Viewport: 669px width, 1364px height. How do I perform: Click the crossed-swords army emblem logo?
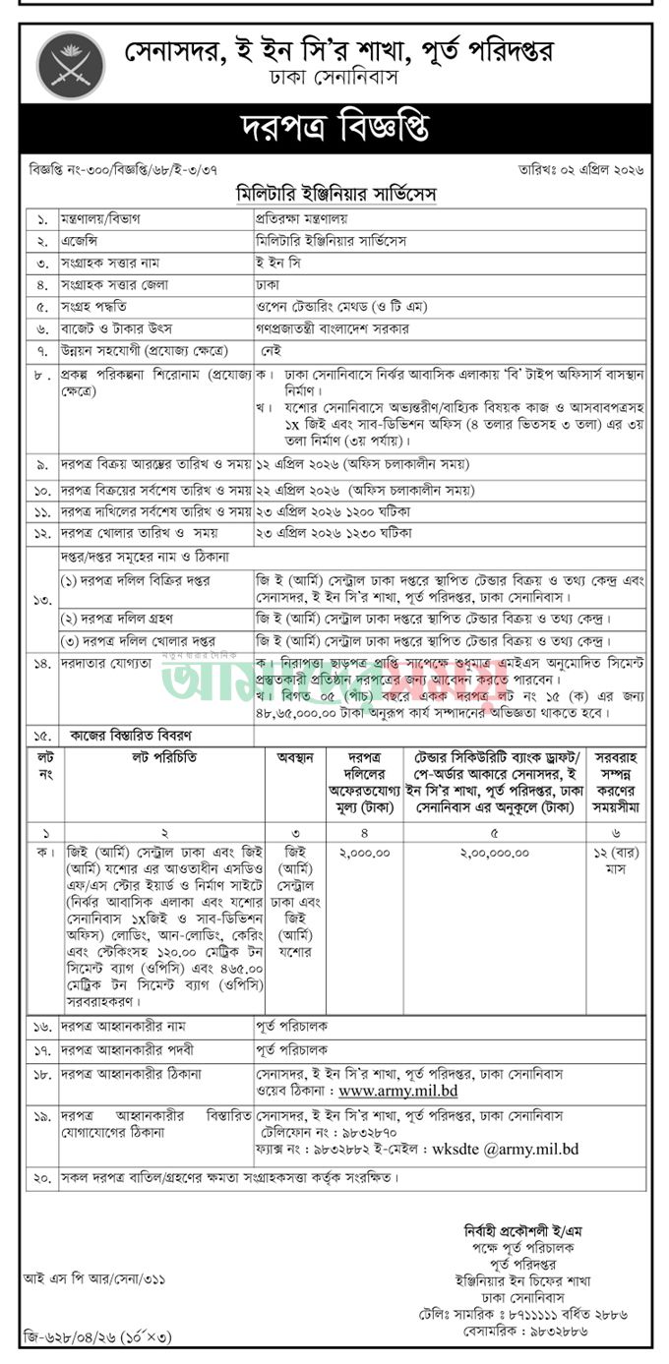(x=70, y=65)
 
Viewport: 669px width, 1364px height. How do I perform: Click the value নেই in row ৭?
(x=272, y=351)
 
